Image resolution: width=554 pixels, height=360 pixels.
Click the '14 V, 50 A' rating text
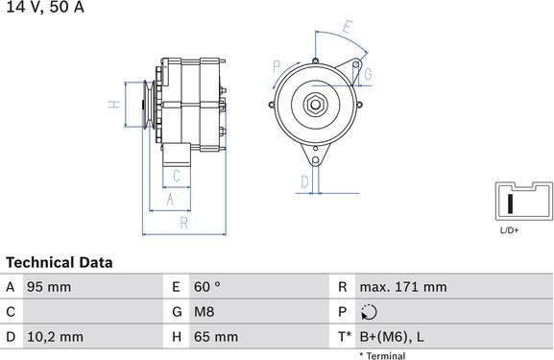(x=45, y=7)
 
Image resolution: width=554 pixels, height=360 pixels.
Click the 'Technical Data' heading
(x=60, y=262)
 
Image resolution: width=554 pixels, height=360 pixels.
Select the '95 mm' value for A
(x=49, y=287)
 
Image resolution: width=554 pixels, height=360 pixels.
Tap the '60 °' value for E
(x=207, y=287)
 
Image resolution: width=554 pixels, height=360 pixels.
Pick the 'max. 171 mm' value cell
(x=403, y=287)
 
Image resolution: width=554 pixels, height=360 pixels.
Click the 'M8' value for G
(x=205, y=312)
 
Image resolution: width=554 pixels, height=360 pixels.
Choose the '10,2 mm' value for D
(x=55, y=337)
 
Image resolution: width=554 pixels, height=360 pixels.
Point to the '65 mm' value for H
(x=216, y=337)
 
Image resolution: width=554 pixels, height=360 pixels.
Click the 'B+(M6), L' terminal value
(x=392, y=337)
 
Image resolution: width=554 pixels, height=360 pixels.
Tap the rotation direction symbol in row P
(x=369, y=312)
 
